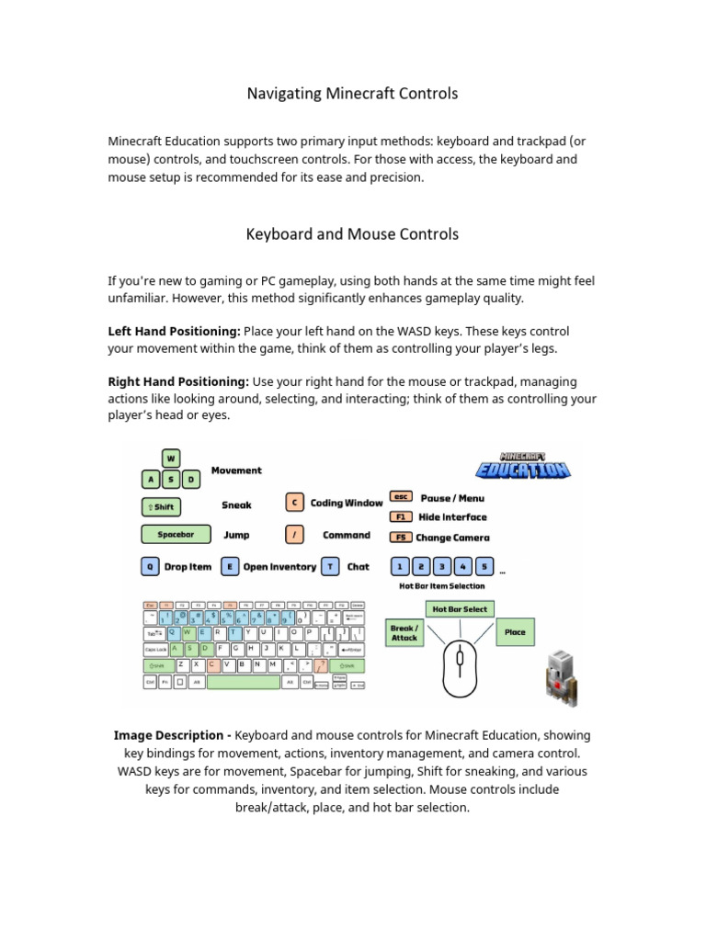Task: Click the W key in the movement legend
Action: point(171,459)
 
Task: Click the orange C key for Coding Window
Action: point(294,503)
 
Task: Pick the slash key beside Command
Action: point(294,535)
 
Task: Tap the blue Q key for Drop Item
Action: point(149,567)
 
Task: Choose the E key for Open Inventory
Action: point(229,567)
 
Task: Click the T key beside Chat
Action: point(331,567)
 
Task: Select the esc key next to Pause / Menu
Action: point(401,497)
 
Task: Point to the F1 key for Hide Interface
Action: point(401,517)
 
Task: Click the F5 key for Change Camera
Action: point(401,538)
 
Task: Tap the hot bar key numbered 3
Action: point(443,566)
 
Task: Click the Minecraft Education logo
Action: point(523,465)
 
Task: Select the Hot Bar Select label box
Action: point(460,608)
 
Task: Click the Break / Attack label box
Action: point(404,633)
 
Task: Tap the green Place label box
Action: point(515,632)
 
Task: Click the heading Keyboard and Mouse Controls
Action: point(352,234)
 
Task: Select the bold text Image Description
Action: point(171,735)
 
